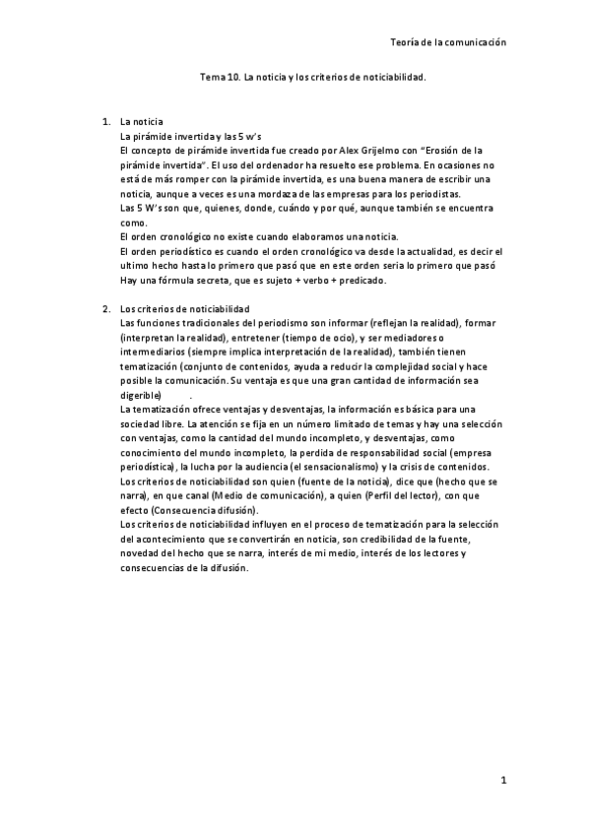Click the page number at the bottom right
502,782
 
